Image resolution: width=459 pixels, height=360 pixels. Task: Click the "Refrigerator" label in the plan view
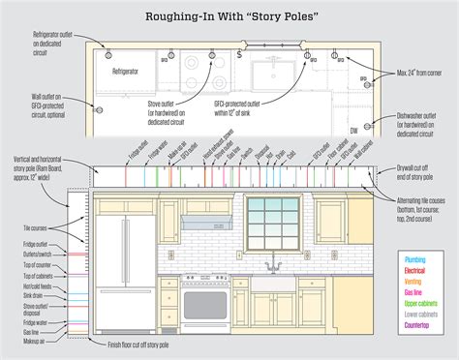point(125,72)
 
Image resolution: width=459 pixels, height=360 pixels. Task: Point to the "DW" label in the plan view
point(353,129)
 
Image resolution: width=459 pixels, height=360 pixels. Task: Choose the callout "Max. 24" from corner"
point(419,74)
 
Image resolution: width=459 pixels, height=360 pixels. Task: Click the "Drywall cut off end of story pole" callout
point(425,168)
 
